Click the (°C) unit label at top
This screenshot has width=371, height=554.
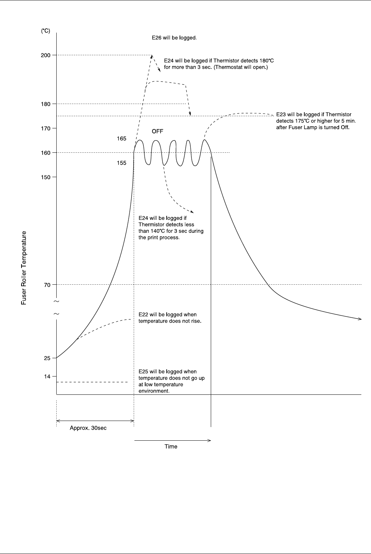tap(46, 31)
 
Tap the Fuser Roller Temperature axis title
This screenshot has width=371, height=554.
tap(24, 268)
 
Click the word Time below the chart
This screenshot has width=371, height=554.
tap(171, 446)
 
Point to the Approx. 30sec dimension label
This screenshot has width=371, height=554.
tap(88, 428)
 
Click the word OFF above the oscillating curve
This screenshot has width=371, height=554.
tap(157, 131)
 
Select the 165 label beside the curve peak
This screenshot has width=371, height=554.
tap(122, 138)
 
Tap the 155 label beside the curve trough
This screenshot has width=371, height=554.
tap(122, 163)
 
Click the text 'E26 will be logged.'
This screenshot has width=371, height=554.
tap(174, 38)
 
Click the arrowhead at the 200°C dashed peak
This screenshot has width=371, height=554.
tap(152, 56)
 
